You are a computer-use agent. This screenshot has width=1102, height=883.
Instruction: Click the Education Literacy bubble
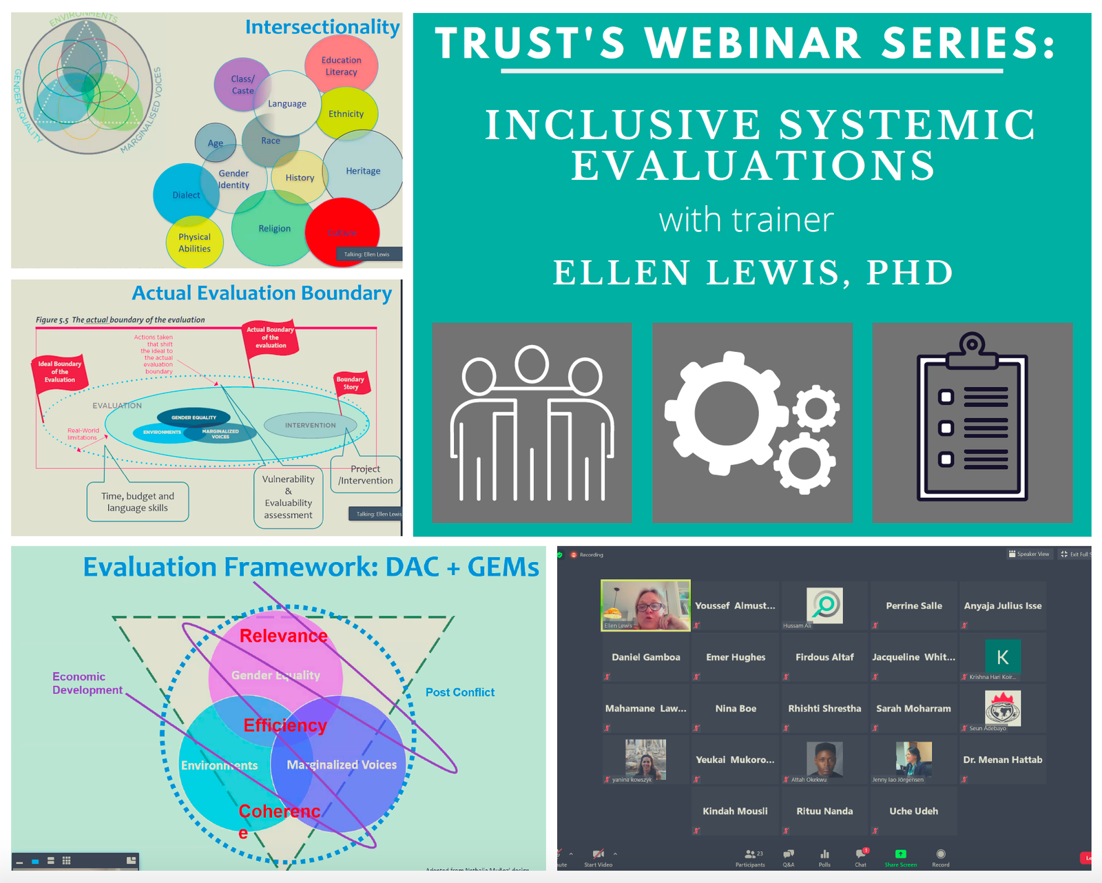[341, 66]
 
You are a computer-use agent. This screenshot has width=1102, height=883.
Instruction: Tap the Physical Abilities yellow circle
[195, 243]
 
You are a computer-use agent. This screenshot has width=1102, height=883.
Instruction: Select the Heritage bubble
[363, 171]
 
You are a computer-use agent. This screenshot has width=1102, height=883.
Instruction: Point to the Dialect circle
[185, 195]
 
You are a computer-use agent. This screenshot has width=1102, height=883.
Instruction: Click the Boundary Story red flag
[351, 383]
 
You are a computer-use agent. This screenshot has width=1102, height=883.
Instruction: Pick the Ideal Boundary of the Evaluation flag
[60, 372]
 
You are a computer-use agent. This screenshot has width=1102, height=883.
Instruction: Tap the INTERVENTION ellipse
[311, 426]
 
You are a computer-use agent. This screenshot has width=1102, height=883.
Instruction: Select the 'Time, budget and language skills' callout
[138, 502]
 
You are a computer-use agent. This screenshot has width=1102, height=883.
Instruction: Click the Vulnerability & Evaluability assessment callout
[289, 497]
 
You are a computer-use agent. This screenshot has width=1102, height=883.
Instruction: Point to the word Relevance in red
[283, 636]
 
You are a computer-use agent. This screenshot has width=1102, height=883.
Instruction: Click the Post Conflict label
[459, 692]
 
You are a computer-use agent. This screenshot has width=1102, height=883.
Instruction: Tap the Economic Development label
[87, 683]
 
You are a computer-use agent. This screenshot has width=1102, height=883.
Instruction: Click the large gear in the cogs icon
[726, 413]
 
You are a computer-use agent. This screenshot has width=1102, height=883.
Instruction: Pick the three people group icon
[532, 422]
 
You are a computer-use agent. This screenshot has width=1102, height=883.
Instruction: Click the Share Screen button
[900, 858]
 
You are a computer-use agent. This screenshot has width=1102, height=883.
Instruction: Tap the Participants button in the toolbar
[750, 858]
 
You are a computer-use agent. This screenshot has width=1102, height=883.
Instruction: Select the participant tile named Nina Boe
[736, 709]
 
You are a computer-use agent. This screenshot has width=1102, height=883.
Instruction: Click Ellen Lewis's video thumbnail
[645, 605]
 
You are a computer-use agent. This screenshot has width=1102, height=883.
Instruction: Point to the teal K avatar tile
[1002, 657]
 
